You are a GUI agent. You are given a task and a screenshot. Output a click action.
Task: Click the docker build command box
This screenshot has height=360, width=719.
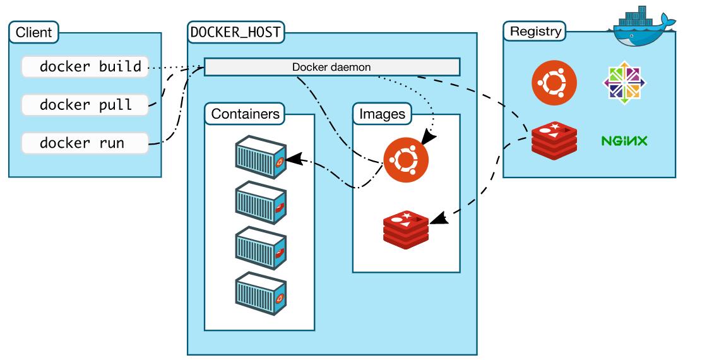pyautogui.click(x=85, y=66)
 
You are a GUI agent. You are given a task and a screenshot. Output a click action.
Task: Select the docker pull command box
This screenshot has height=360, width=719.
pyautogui.click(x=85, y=105)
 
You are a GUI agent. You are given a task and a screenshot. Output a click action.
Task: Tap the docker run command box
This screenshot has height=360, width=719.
pyautogui.click(x=85, y=143)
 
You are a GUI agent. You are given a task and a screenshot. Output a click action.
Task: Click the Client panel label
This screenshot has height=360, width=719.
pyautogui.click(x=34, y=33)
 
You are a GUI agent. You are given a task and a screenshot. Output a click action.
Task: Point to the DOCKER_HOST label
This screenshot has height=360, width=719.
pyautogui.click(x=235, y=32)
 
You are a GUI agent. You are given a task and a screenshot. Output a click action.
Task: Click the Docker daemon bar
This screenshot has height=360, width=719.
pyautogui.click(x=331, y=67)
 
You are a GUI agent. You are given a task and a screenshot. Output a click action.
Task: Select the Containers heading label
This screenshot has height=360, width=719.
pyautogui.click(x=245, y=114)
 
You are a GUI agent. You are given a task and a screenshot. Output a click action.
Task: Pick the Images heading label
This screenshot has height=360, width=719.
pyautogui.click(x=382, y=114)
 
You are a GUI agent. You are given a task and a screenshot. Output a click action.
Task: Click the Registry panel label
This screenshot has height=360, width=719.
pyautogui.click(x=535, y=32)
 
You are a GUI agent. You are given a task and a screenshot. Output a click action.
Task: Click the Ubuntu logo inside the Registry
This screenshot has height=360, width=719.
pyautogui.click(x=554, y=83)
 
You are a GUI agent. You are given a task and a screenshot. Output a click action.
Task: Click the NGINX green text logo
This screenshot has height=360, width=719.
pyautogui.click(x=624, y=141)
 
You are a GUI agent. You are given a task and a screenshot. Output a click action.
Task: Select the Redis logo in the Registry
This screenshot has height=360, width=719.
pyautogui.click(x=554, y=141)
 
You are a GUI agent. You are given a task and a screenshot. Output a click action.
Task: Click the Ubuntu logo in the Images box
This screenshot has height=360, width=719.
pyautogui.click(x=406, y=160)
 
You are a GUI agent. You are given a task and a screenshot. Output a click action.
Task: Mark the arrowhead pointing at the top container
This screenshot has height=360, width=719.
pyautogui.click(x=292, y=159)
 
